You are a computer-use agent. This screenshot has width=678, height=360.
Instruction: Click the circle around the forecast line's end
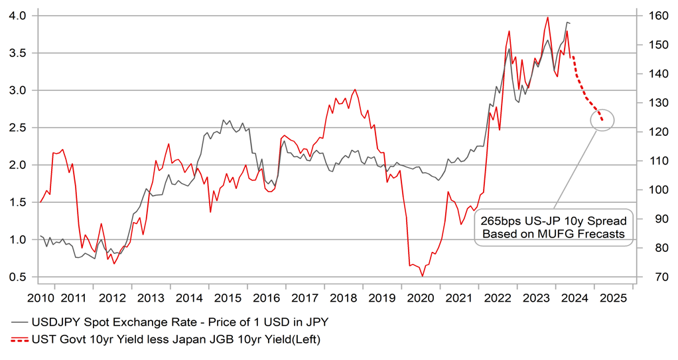602,120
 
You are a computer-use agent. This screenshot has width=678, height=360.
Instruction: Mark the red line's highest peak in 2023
547,18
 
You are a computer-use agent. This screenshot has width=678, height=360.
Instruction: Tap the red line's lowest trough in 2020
423,276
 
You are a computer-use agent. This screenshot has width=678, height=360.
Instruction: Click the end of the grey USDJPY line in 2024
570,24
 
